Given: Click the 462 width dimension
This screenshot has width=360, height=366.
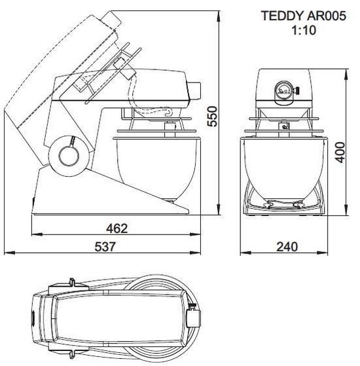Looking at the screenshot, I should (117, 228).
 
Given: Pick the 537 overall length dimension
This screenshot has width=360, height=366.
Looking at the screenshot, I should (105, 247).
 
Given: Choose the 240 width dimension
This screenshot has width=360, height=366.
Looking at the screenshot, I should (287, 247).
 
